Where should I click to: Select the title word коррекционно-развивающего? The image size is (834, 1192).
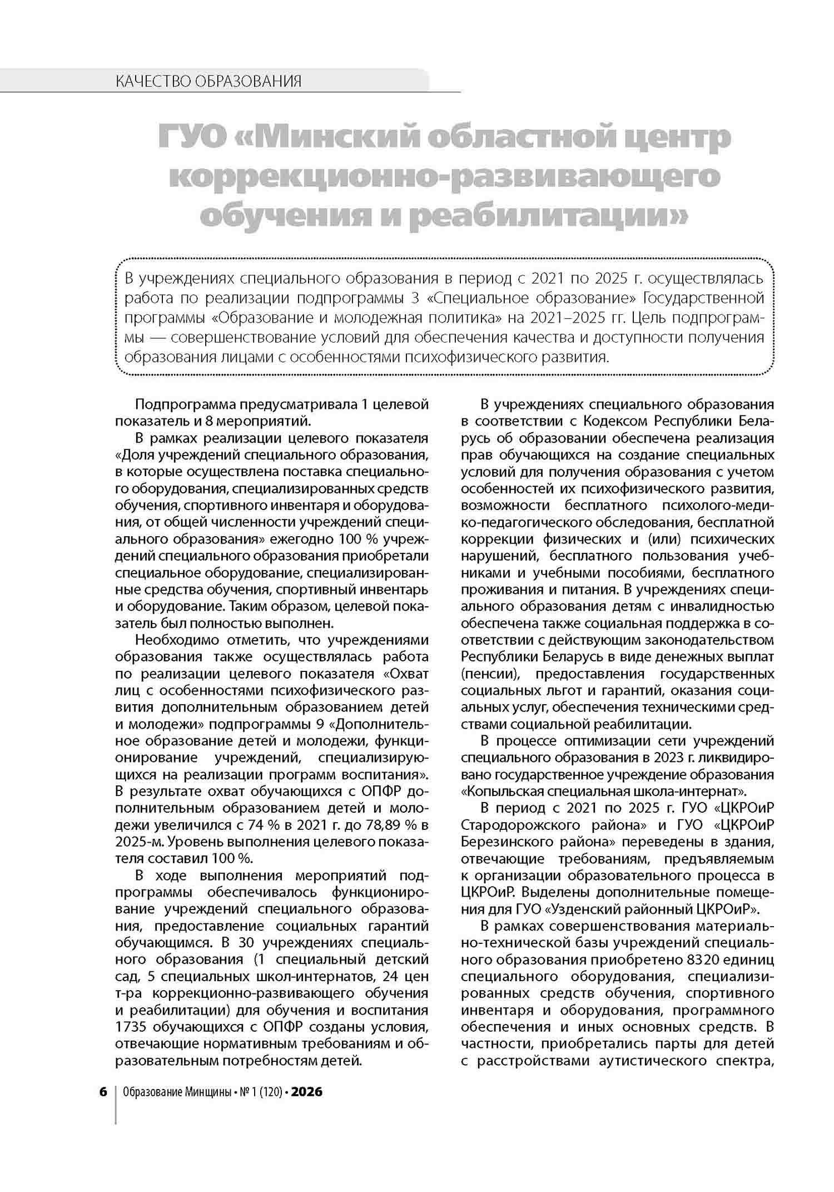point(444,177)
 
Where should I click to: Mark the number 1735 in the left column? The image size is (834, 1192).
point(134,1026)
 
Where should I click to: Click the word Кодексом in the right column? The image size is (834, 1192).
point(605,421)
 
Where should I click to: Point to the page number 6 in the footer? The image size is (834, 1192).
point(103,1092)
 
